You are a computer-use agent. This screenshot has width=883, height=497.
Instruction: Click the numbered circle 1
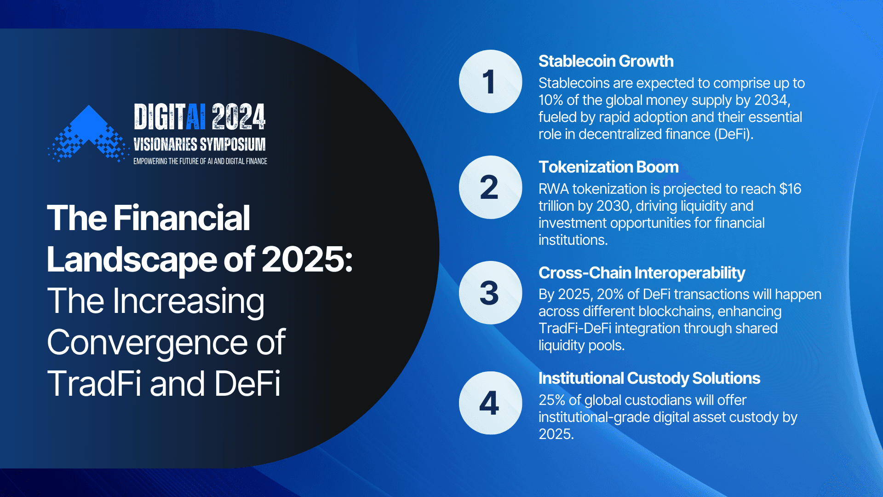click(x=490, y=81)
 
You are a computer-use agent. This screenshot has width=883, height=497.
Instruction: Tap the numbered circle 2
click(x=490, y=187)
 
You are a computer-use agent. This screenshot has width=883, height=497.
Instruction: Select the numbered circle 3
click(x=490, y=293)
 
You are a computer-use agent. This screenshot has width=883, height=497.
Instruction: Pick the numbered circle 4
click(x=490, y=403)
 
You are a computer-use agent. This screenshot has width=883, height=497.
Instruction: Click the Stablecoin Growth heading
click(x=606, y=61)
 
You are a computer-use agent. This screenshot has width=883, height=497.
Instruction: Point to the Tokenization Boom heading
click(x=608, y=167)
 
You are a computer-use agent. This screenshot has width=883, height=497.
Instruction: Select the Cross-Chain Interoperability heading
click(x=642, y=273)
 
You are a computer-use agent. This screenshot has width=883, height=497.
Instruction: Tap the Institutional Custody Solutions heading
click(x=649, y=378)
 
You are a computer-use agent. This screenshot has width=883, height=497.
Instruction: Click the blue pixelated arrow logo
click(x=88, y=133)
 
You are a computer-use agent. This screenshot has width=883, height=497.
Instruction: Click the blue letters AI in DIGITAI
click(x=196, y=117)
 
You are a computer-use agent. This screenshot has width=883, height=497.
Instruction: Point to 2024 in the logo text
click(x=239, y=117)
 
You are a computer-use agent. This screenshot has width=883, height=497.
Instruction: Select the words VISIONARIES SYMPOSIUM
click(x=200, y=144)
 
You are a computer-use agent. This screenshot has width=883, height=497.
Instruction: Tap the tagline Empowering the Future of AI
click(x=200, y=162)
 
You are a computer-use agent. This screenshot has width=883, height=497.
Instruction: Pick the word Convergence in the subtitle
click(x=147, y=343)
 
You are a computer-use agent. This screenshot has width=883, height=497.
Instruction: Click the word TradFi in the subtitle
click(x=94, y=384)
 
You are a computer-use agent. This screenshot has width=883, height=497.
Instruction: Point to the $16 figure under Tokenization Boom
click(x=790, y=189)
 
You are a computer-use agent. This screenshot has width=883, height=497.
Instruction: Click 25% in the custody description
click(x=552, y=400)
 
